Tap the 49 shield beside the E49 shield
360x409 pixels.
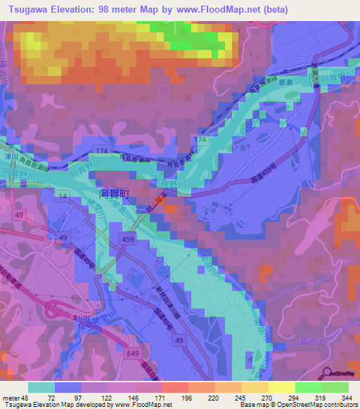tap(180, 340)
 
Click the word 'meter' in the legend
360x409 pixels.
tap(12, 397)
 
